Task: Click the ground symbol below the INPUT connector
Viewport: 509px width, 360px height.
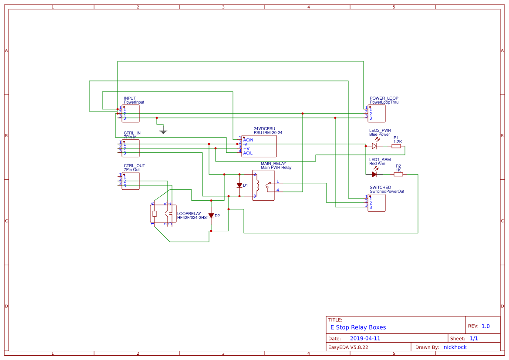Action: tap(163, 131)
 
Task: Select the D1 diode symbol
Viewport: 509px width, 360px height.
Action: tap(239, 185)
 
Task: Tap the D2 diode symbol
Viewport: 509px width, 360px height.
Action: tap(211, 215)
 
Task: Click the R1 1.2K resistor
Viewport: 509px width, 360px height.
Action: tap(396, 146)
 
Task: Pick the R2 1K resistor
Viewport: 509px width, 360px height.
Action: tap(398, 175)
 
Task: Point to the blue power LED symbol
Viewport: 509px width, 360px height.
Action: tap(374, 146)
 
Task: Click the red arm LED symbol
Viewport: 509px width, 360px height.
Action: tap(374, 175)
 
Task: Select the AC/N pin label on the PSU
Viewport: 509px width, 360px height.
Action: tap(248, 140)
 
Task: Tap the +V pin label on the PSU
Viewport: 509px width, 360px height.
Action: tap(246, 149)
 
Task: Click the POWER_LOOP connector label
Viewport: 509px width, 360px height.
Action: tap(384, 98)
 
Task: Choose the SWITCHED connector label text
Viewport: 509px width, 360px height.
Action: tap(380, 188)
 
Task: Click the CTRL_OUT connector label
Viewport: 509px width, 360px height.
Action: tap(134, 166)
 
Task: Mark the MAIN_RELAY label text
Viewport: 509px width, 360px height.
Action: tap(273, 163)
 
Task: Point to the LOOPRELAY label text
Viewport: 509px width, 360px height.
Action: tap(189, 214)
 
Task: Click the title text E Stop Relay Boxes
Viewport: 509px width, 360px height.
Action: tap(358, 327)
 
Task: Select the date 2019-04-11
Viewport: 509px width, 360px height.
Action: tap(365, 338)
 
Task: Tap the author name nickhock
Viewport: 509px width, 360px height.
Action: tap(455, 347)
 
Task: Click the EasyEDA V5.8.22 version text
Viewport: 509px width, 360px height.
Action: tap(348, 347)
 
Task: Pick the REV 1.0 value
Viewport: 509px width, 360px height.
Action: tap(485, 326)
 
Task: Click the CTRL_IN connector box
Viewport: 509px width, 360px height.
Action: tap(131, 148)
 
